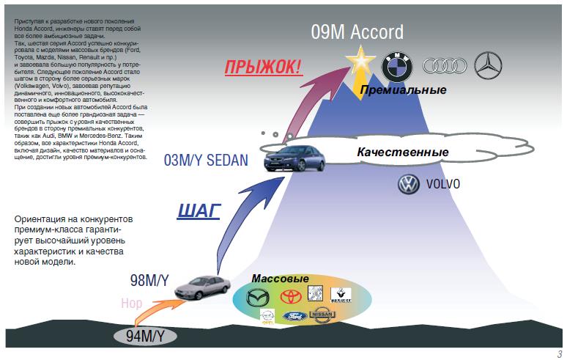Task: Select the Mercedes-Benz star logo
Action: click(489, 66)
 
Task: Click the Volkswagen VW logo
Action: click(407, 185)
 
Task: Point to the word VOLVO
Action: click(443, 185)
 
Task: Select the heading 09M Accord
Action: click(357, 32)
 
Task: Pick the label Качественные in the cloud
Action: click(403, 153)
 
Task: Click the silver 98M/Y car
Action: click(202, 288)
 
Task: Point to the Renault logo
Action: click(341, 295)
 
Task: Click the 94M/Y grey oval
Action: click(144, 337)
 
